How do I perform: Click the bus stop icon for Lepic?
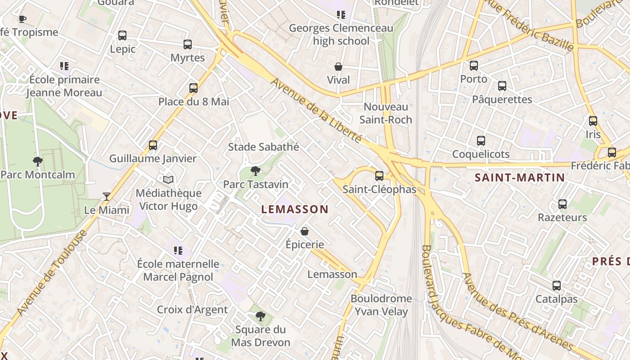(122, 36)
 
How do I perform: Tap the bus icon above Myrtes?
(188, 45)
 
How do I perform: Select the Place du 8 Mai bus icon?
(193, 88)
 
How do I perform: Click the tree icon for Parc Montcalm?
(38, 161)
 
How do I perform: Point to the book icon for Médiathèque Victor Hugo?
(168, 180)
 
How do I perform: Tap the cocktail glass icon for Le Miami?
(107, 196)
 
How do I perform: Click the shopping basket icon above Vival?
(338, 67)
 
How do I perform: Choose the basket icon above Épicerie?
(305, 231)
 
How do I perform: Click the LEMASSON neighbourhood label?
(295, 209)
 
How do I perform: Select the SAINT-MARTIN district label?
(520, 178)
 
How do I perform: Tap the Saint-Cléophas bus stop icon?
(379, 176)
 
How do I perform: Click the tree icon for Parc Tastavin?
(256, 171)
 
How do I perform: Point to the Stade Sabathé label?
(263, 147)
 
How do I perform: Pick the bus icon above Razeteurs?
(562, 204)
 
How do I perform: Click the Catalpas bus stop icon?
(557, 286)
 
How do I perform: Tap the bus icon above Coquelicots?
(481, 141)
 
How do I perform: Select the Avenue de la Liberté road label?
(317, 110)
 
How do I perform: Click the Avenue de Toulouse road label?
(53, 273)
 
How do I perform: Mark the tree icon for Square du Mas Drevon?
(260, 316)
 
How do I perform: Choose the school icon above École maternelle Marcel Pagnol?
(178, 251)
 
